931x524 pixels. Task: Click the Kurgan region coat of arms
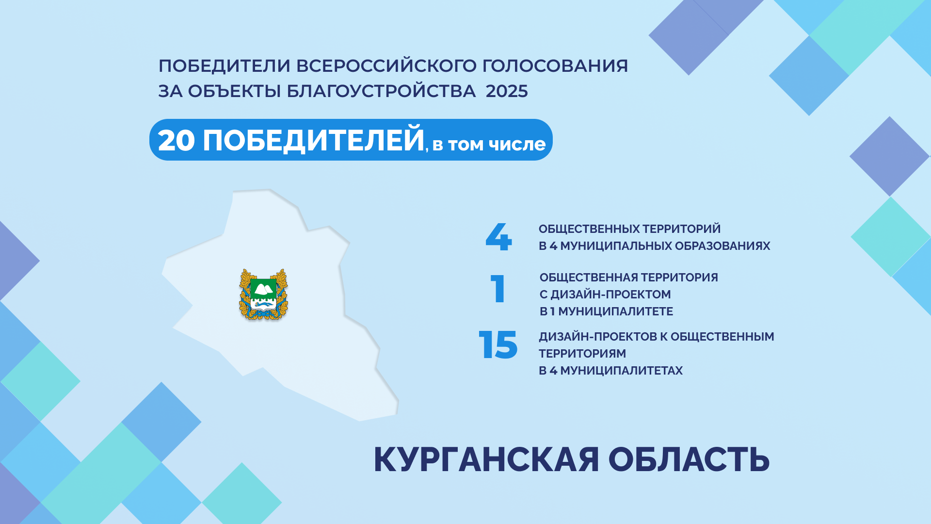(264, 295)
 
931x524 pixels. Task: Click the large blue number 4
(498, 237)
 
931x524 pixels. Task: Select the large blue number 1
(498, 289)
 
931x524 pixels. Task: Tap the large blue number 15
(498, 345)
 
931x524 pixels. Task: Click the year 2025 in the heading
(507, 91)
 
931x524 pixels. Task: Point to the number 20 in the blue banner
(177, 141)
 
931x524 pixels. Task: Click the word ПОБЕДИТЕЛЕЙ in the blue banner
(314, 140)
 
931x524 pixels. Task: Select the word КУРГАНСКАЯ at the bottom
(486, 459)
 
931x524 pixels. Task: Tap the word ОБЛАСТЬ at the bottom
(689, 459)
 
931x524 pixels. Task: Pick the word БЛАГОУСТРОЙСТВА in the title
(381, 91)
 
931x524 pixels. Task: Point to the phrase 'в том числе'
(489, 144)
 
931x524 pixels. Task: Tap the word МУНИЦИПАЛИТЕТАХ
(621, 371)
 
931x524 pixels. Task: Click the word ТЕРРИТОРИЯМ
(582, 354)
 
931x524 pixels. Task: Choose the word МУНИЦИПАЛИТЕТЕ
(616, 311)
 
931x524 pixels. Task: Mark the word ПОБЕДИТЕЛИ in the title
(224, 66)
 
